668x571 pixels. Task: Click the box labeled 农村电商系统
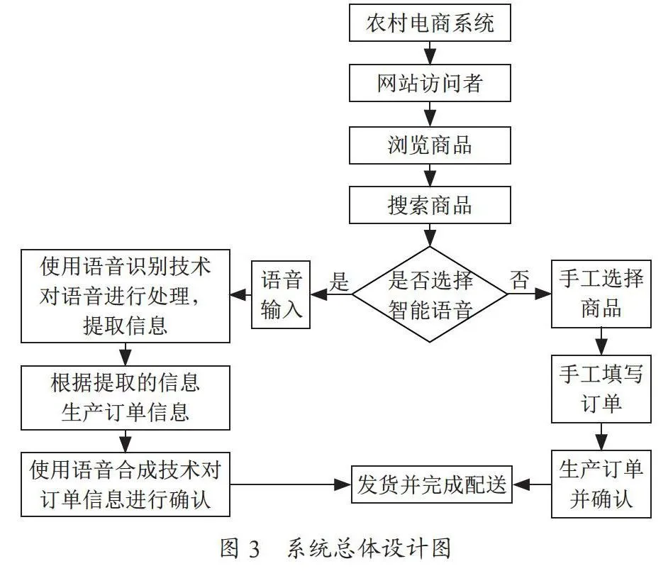pos(430,23)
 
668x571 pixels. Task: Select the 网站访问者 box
pos(430,83)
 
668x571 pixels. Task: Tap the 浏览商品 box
pos(430,145)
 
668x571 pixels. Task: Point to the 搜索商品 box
pos(430,205)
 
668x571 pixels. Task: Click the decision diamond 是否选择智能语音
pos(430,294)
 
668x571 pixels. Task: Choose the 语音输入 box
pos(281,294)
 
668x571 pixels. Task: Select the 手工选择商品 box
pos(601,294)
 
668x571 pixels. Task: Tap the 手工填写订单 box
pos(601,389)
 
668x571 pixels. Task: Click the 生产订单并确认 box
pos(601,484)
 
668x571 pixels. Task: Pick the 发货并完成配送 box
pos(432,484)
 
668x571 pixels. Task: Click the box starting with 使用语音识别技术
pos(126,296)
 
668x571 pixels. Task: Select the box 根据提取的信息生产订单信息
pos(126,397)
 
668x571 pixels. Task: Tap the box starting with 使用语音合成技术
pos(126,484)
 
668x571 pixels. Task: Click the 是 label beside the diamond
pos(339,281)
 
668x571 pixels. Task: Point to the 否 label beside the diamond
pos(519,280)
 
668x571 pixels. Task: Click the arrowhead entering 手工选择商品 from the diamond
pos(544,294)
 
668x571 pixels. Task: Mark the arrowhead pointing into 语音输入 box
pos(318,294)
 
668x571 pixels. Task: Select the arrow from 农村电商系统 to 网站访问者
pos(430,52)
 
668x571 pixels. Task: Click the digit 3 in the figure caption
pos(254,549)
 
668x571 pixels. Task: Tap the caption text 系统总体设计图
pos(369,548)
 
